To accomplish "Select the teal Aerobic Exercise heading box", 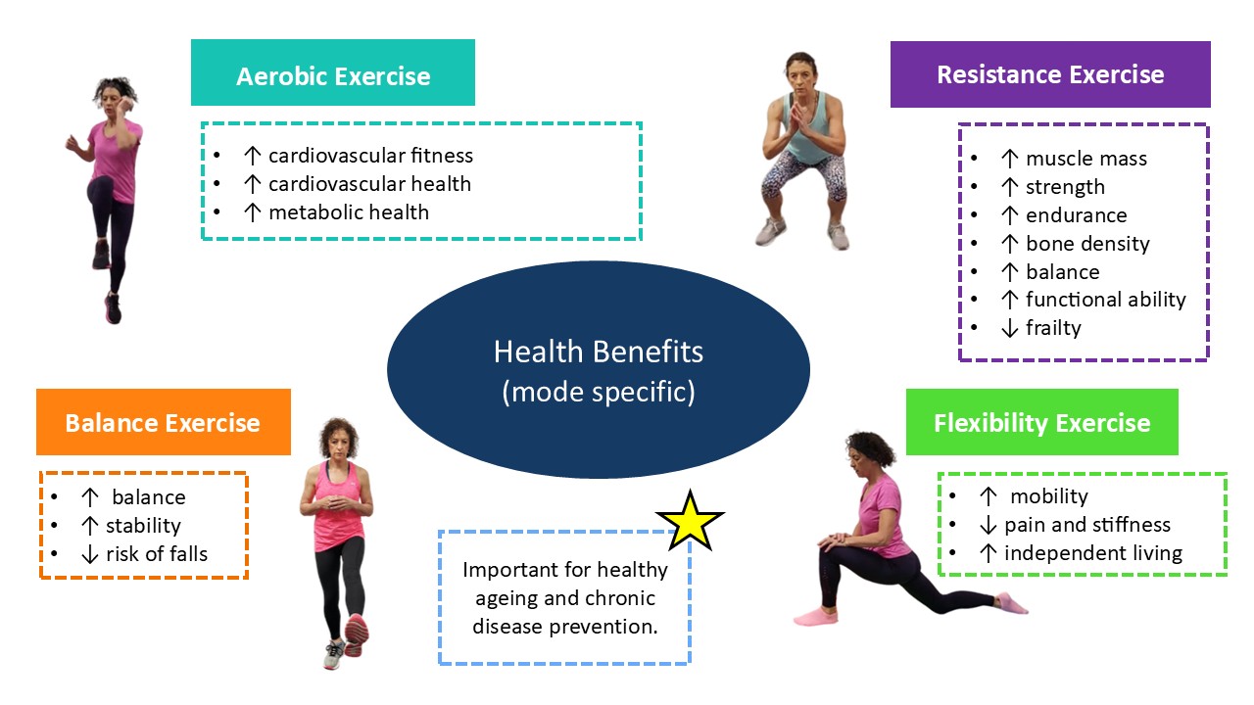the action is tap(332, 72).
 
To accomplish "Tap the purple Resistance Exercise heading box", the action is tap(1050, 73).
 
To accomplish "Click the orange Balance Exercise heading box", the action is tap(164, 422).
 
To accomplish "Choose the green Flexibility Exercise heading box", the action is tap(1041, 422).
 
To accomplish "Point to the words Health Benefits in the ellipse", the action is tap(598, 352).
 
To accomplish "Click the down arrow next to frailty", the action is tap(1009, 328).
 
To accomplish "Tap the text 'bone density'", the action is tap(1087, 244).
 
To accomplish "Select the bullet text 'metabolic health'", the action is tap(349, 212).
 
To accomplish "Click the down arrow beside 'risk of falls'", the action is tap(89, 554).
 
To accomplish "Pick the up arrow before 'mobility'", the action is tap(989, 496).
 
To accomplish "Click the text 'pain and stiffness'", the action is tap(1087, 525).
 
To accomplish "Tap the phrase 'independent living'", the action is tap(1093, 553).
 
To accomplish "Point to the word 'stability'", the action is tap(143, 526).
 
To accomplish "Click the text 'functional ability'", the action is tap(1106, 300).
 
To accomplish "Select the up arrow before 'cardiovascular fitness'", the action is tap(253, 156).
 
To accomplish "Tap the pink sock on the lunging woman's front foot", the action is tap(816, 617).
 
